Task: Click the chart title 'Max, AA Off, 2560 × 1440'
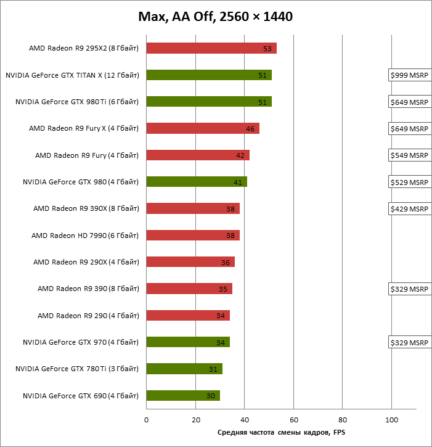tap(215, 16)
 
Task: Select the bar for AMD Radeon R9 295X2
tap(211, 48)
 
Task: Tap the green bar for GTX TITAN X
tap(209, 75)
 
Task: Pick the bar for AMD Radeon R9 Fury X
tap(203, 128)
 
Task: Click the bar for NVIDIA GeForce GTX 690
tap(183, 395)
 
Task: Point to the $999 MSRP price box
tap(409, 75)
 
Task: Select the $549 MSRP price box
tap(409, 155)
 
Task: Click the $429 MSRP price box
tap(409, 209)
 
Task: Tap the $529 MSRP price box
tap(409, 182)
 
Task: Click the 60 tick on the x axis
tap(293, 420)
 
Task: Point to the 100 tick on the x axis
tap(391, 420)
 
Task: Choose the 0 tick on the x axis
tap(146, 420)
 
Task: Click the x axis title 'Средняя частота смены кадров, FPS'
tap(285, 432)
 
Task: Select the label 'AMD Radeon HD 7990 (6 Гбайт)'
tap(85, 236)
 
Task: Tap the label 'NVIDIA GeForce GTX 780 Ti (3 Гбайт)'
tap(77, 369)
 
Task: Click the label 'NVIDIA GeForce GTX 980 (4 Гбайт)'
tap(81, 182)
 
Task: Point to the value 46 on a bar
tap(250, 129)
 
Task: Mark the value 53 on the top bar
tap(267, 49)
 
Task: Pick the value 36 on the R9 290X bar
tap(226, 263)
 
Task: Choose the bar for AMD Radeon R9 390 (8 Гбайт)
tap(189, 289)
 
